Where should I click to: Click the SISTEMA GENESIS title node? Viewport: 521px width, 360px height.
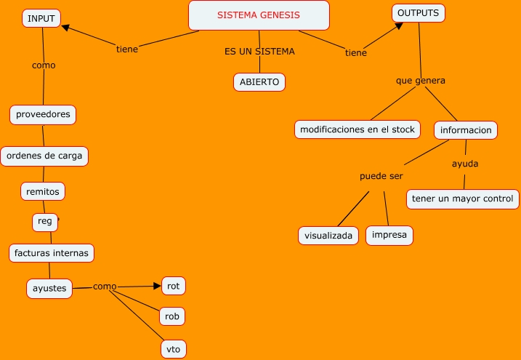point(259,15)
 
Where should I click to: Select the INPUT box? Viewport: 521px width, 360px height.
point(41,18)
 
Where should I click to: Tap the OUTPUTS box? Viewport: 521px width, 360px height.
point(419,13)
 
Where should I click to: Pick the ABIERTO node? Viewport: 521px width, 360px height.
point(259,82)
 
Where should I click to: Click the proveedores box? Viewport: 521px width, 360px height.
point(43,115)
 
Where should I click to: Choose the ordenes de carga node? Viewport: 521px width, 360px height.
point(44,156)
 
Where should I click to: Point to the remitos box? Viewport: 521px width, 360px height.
point(42,191)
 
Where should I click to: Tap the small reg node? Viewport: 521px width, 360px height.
point(45,221)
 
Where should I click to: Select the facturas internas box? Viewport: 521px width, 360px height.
point(52,253)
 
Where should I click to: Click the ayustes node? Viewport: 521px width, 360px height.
point(49,288)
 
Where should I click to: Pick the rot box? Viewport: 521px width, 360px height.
point(173,286)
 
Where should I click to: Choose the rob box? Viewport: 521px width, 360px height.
point(173,316)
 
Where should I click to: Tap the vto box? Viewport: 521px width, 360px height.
point(173,349)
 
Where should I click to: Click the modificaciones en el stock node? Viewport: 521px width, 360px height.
point(358,129)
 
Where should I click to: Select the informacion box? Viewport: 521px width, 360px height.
point(466,131)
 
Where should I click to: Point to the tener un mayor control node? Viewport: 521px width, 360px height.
point(462,199)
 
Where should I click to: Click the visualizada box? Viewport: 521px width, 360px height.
point(328,236)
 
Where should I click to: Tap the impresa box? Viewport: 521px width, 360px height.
point(389,235)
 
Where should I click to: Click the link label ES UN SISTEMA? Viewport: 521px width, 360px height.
point(259,52)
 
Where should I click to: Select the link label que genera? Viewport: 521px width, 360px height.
point(420,81)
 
